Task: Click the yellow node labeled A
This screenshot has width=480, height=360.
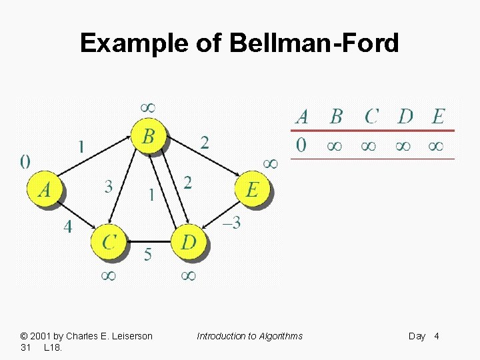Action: pos(45,190)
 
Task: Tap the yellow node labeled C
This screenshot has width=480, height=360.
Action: pos(109,241)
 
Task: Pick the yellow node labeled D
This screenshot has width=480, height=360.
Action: pos(189,241)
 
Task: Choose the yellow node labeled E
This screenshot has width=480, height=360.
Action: pos(252,190)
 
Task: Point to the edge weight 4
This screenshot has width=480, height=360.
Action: pos(68,227)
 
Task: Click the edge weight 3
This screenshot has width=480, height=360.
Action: pos(108,187)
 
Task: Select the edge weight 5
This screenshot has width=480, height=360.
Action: pos(148,254)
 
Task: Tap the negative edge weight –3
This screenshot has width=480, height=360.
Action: pos(231,223)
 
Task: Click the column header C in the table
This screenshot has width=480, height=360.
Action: pos(371,117)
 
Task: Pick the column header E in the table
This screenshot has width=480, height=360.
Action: pos(438,117)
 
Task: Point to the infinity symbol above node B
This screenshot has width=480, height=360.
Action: pos(148,107)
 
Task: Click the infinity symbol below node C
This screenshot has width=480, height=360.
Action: pos(108,275)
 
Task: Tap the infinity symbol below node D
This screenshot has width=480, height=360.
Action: pos(188,275)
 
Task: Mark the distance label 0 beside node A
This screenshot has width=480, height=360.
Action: pos(25,161)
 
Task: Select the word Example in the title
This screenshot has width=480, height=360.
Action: pos(135,44)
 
